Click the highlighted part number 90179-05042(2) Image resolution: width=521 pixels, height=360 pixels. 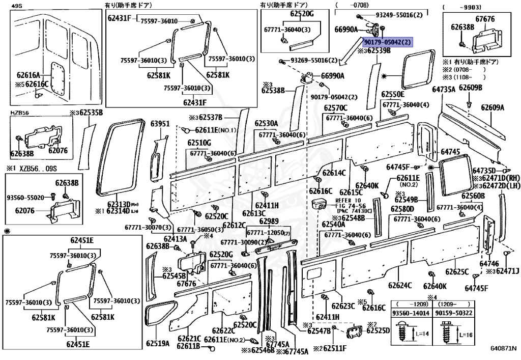(x=387, y=42)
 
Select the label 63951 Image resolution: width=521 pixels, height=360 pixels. (x=160, y=123)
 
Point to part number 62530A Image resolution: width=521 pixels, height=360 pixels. (x=266, y=123)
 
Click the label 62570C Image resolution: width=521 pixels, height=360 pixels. (x=336, y=107)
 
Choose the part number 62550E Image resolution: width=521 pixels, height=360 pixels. (x=393, y=94)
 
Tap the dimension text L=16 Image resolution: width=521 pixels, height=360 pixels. (x=468, y=335)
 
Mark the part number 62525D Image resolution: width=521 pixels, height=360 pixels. (x=378, y=330)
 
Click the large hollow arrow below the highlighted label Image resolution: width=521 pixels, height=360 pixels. (x=351, y=57)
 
